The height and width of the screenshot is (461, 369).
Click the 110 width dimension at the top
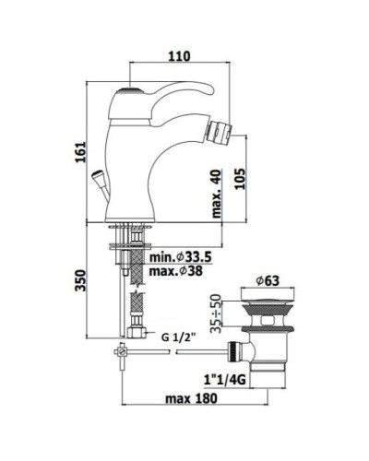179,56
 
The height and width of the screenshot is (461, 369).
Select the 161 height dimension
80,152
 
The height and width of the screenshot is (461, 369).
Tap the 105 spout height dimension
241,179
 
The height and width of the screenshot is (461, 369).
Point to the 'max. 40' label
217,194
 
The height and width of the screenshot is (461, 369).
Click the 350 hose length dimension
80,280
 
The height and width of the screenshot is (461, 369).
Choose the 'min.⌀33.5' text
181,256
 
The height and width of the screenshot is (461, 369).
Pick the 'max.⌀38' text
176,271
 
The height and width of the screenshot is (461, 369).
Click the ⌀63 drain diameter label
268,280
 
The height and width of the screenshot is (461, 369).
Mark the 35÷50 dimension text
216,313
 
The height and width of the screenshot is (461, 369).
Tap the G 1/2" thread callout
178,337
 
